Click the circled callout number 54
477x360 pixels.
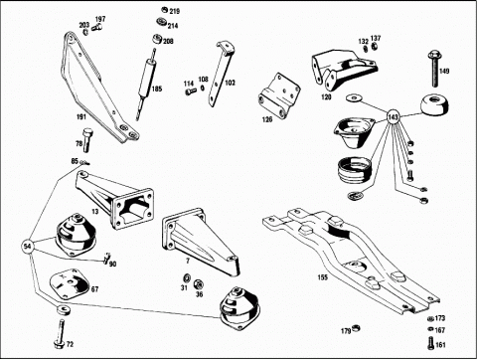point(28,247)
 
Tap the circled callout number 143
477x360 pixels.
point(394,117)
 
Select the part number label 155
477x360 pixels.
point(323,277)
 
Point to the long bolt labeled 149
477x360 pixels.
point(434,68)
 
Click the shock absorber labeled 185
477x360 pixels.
point(146,85)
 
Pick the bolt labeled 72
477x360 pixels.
point(60,333)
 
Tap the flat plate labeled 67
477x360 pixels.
point(70,283)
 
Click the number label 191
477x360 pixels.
point(81,116)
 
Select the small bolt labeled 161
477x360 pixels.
point(430,343)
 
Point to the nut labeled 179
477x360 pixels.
point(357,328)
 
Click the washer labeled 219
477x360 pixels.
point(165,10)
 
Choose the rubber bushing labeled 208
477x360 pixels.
point(158,39)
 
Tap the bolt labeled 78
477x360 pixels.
point(87,140)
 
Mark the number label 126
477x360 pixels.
point(267,119)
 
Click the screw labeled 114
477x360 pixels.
point(189,91)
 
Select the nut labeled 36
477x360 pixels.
point(198,283)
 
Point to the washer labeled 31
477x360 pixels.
point(187,277)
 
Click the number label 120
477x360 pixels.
point(326,97)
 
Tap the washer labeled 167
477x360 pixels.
point(430,329)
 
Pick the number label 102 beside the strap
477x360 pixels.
point(231,83)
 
